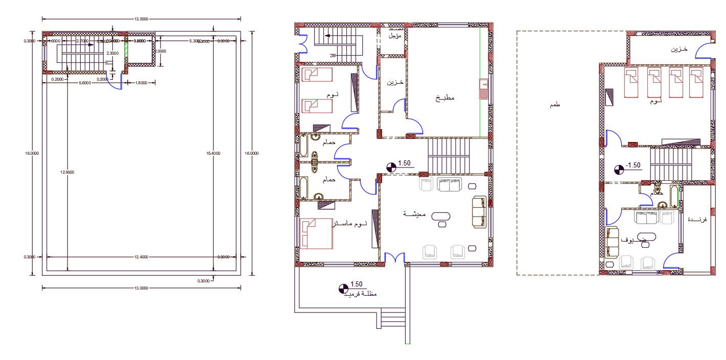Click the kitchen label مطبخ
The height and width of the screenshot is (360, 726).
[444, 98]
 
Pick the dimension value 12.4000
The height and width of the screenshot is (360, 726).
[141, 257]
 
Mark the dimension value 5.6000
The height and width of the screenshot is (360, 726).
[85, 82]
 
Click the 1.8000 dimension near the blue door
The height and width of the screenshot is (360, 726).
[141, 82]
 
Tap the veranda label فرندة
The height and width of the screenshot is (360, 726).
[697, 219]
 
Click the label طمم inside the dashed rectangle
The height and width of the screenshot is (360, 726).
[554, 104]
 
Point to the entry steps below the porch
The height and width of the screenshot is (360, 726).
[392, 321]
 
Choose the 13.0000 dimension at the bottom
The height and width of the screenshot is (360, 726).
[141, 288]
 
